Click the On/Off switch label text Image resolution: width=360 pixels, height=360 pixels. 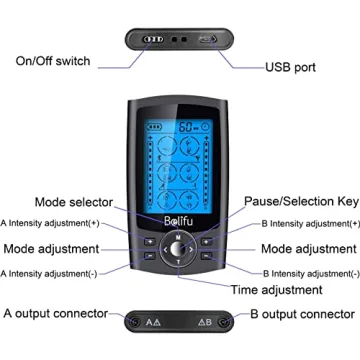click(52, 62)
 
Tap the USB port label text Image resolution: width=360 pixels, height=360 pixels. click(291, 67)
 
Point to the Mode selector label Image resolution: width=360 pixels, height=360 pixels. click(74, 202)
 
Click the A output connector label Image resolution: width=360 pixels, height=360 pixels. click(55, 313)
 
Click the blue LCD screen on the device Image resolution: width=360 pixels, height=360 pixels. click(180, 160)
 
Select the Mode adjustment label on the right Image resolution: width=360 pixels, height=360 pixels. click(309, 248)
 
